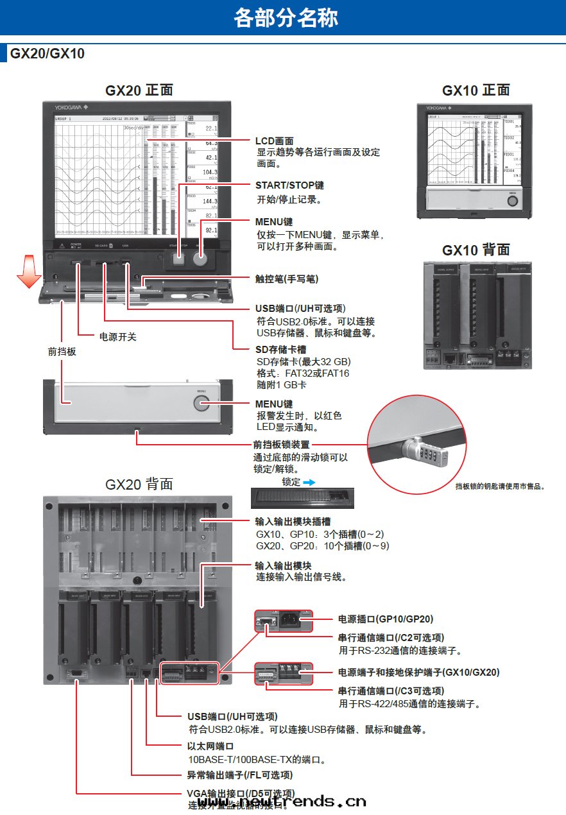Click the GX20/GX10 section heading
47,54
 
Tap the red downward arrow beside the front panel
28,271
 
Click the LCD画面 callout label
275,141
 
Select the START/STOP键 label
289,185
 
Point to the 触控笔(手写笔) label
287,279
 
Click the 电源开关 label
117,336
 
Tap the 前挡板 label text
62,352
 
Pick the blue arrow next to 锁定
311,481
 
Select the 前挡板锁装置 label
282,445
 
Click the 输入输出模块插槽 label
293,522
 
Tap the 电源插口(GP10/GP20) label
386,619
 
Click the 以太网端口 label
210,746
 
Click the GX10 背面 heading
476,250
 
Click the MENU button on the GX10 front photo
511,200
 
